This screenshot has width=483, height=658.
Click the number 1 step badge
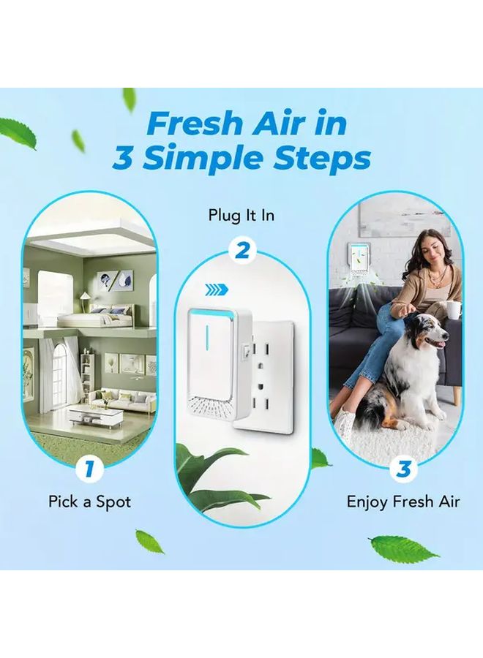90,467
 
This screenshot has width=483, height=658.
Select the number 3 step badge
402,467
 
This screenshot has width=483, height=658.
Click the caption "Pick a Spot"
90,502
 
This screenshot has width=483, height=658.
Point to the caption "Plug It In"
241,216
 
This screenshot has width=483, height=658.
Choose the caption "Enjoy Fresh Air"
402,502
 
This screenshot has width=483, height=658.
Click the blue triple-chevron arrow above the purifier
216,290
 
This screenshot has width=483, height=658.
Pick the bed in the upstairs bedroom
88,319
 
